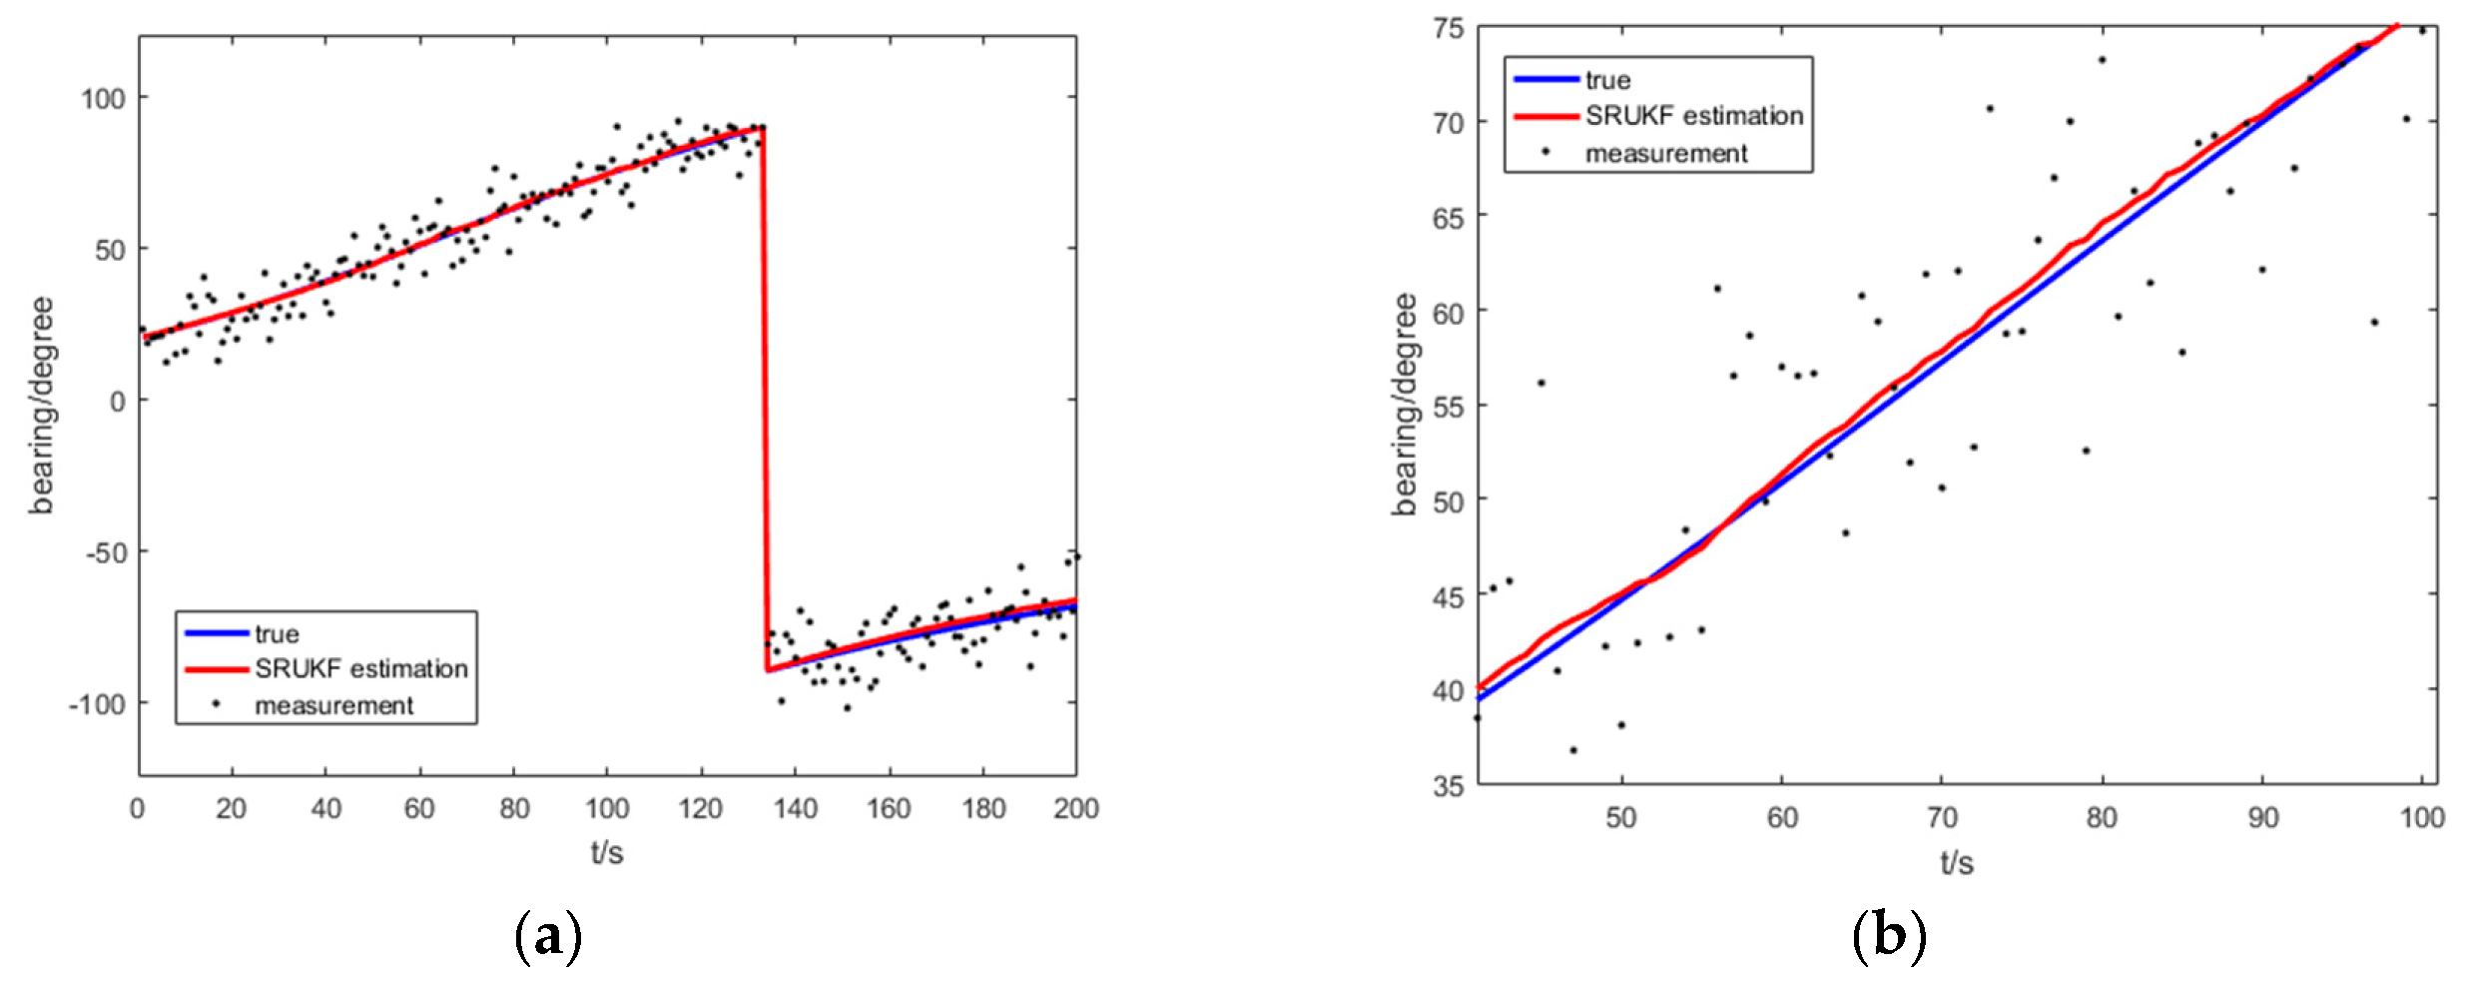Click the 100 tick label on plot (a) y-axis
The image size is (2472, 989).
103,98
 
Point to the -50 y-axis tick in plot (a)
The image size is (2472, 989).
103,552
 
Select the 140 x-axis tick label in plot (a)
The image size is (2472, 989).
795,808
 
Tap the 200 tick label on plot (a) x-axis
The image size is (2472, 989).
1075,808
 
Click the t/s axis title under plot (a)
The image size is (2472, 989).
606,852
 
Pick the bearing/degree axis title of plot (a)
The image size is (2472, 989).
42,405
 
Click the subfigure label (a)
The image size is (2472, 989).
547,936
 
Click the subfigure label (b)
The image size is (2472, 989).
1888,936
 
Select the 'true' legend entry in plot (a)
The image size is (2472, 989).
277,634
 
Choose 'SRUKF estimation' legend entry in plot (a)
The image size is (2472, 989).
360,668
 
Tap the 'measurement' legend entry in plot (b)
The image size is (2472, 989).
1665,154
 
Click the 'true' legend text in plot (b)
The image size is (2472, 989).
1607,80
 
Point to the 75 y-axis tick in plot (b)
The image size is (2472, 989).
1449,29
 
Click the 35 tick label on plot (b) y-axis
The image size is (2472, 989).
1449,786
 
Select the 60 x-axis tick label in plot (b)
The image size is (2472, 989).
1782,818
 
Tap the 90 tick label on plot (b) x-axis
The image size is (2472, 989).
2262,818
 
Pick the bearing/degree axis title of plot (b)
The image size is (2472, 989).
1406,405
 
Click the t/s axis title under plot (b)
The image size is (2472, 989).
1957,862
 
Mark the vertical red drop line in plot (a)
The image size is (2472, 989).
766,400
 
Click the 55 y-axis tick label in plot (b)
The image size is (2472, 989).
1449,407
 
